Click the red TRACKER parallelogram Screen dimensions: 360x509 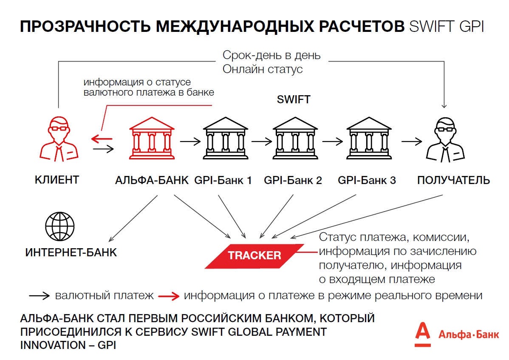[x=254, y=256]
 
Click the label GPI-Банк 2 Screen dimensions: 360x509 [x=293, y=181]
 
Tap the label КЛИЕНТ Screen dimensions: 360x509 [x=57, y=180]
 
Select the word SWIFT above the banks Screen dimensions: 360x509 [x=294, y=100]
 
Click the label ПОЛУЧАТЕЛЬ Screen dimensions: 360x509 [x=453, y=180]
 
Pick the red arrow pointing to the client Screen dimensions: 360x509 [x=102, y=138]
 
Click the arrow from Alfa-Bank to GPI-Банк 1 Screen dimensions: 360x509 [x=189, y=142]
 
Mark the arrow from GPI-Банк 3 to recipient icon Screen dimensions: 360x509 [x=412, y=142]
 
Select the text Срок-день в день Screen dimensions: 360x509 [x=271, y=55]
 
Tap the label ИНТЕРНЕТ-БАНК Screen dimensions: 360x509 [x=71, y=252]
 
